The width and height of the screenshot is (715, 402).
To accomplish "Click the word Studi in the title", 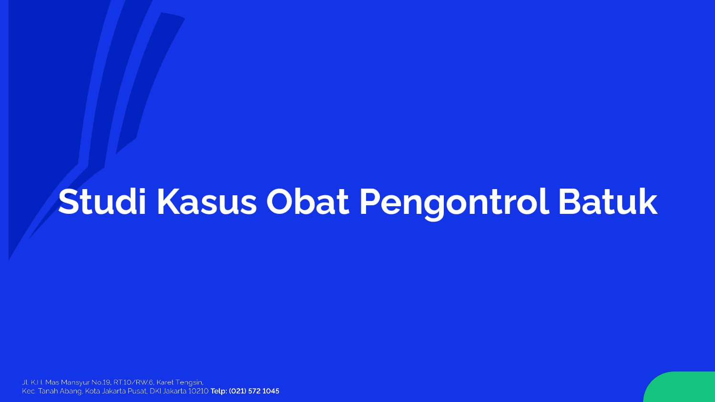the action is (x=102, y=202).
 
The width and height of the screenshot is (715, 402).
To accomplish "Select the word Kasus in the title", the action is (x=207, y=202).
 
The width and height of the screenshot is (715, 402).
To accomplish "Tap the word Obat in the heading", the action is (x=308, y=202).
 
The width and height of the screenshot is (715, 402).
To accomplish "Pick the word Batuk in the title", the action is (x=608, y=202).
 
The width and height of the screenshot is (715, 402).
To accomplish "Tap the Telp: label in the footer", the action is (x=218, y=391).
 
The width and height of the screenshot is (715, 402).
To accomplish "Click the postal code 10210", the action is (x=198, y=391).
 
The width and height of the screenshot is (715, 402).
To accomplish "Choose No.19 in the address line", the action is (x=101, y=382).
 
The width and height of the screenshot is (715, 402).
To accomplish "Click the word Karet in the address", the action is (x=165, y=382).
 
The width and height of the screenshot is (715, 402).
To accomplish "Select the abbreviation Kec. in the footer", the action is (x=29, y=391).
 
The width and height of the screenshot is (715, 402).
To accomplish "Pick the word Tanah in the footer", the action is (x=48, y=391).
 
